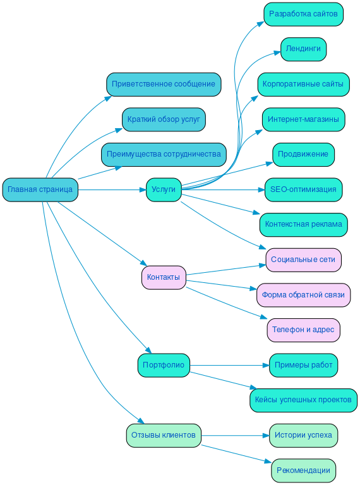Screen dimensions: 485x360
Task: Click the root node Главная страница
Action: tap(40, 189)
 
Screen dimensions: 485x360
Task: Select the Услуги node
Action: tap(164, 189)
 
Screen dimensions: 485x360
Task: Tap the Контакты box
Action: tap(164, 277)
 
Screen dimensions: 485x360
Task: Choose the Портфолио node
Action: tap(164, 365)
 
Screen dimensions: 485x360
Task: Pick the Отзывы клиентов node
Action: tap(164, 435)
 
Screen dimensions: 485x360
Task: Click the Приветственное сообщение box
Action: tap(164, 84)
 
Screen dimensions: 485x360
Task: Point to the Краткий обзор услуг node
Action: tap(164, 119)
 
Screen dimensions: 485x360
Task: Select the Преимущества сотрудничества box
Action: tap(164, 154)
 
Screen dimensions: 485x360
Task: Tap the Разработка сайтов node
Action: tap(303, 14)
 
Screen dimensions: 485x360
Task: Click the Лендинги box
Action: tap(303, 49)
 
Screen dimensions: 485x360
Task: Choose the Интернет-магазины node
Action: tap(303, 119)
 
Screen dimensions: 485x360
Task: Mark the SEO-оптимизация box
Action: tap(303, 189)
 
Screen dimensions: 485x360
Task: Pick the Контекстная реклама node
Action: tap(303, 224)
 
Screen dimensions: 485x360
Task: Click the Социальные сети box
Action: tap(303, 260)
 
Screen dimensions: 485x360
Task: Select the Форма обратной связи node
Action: tap(303, 295)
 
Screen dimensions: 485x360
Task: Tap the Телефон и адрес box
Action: tap(303, 330)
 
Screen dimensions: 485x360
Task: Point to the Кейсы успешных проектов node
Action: tap(303, 400)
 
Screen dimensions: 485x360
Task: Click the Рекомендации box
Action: tap(303, 470)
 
